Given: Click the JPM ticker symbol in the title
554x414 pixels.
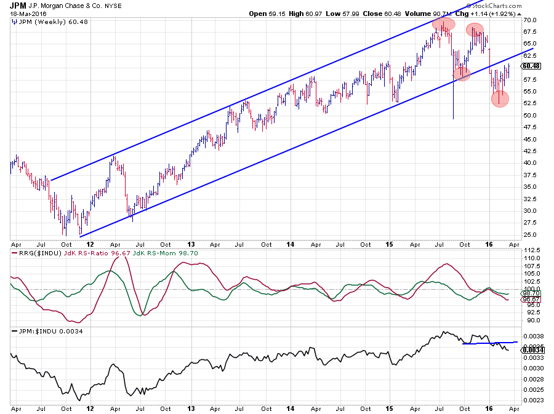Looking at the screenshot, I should (18, 6).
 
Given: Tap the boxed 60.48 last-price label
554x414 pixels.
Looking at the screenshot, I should (531, 66).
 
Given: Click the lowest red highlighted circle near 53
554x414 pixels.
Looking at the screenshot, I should (500, 98).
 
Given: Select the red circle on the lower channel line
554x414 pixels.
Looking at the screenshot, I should (462, 74).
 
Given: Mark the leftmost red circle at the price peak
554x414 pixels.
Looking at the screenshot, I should (443, 25).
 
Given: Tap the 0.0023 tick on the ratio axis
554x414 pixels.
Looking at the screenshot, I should (531, 400).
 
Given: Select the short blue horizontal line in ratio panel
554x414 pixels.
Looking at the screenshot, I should (489, 343).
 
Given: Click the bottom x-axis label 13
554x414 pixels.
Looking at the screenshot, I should (191, 408).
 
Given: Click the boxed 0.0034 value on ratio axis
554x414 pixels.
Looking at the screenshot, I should (532, 349).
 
